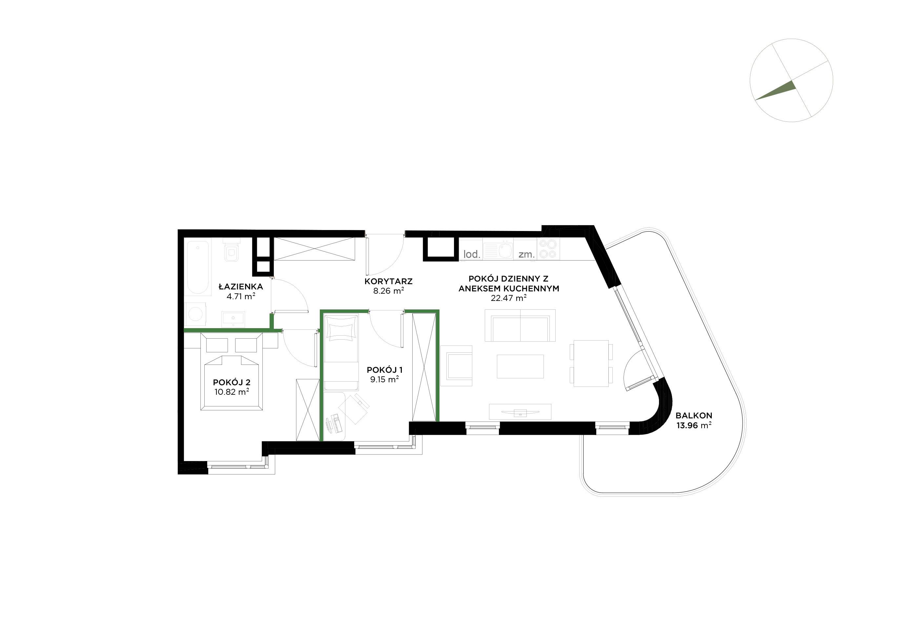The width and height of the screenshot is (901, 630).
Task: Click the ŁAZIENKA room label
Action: click(240, 286)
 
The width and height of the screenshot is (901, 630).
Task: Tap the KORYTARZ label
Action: click(388, 282)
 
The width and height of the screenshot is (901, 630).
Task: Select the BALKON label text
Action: click(694, 415)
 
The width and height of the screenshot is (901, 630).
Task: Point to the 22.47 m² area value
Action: click(509, 298)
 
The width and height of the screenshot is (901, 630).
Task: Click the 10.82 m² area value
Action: click(232, 392)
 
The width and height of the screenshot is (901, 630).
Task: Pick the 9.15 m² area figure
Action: click(384, 379)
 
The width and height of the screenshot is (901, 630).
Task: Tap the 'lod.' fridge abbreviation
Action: click(472, 254)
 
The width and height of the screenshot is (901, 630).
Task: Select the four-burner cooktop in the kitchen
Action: click(548, 249)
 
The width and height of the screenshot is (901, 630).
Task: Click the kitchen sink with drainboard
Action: click(498, 249)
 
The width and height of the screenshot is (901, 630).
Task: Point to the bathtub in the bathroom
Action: click(198, 268)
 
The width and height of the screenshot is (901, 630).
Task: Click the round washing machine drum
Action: click(195, 314)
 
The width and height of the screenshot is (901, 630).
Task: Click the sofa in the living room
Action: click(520, 325)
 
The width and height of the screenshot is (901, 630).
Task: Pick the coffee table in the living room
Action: click(520, 366)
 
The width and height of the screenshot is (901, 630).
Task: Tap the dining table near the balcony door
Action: click(591, 364)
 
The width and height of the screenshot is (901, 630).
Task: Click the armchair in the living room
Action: click(456, 366)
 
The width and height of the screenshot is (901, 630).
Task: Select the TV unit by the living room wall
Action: click(520, 412)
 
